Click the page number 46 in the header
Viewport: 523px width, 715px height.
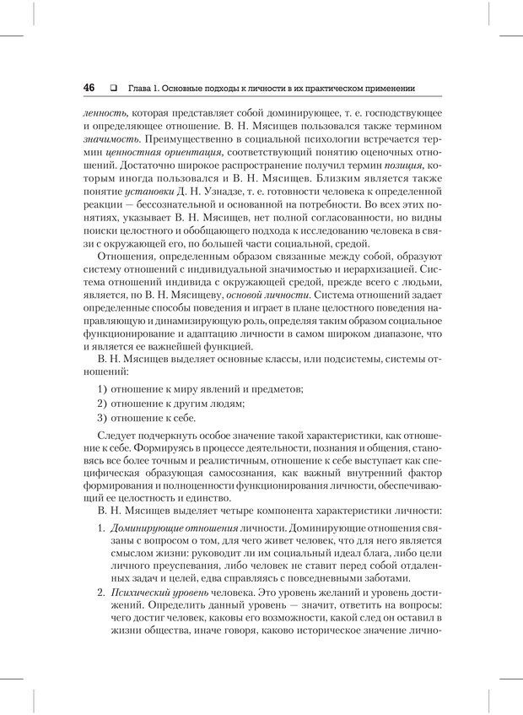[89, 88]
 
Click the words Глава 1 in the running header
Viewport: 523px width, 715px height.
[143, 89]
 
